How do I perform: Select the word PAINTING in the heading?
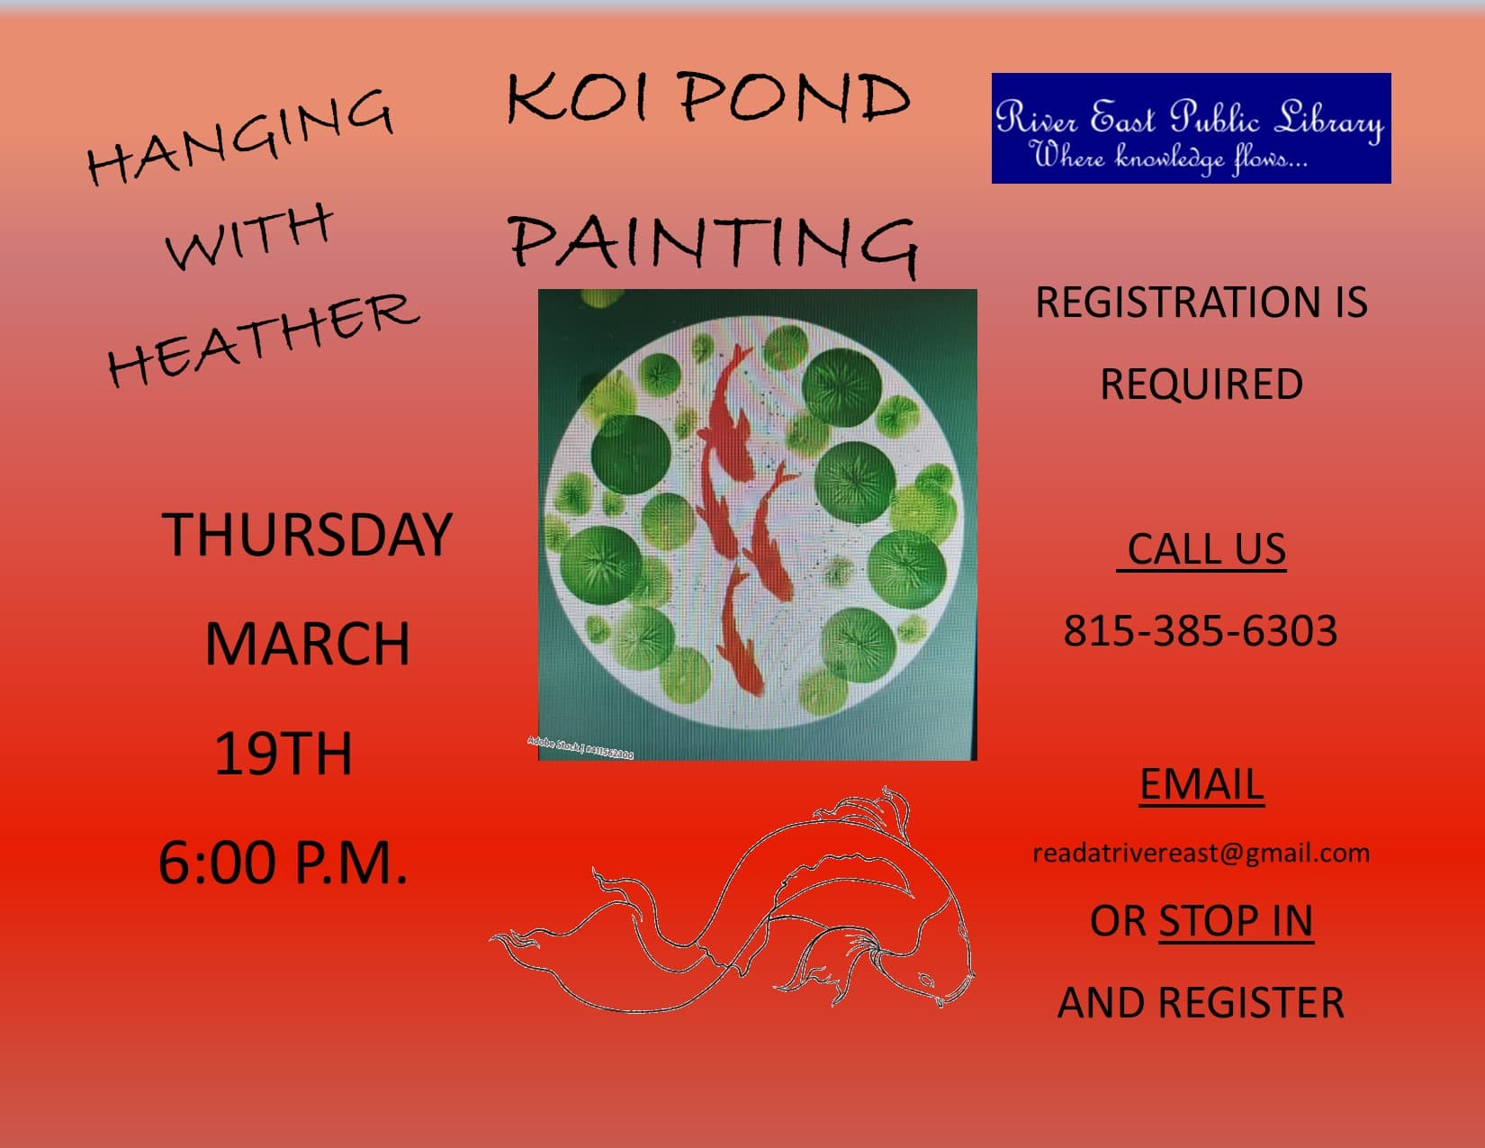(714, 243)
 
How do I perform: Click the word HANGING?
(240, 136)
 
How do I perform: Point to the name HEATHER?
(263, 339)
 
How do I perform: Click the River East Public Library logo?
(1191, 128)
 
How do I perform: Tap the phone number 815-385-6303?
(1200, 630)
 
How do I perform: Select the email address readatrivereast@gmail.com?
(1201, 854)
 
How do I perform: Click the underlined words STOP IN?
(1236, 920)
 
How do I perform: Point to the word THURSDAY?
(307, 534)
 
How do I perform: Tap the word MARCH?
(308, 644)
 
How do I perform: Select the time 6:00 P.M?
(283, 863)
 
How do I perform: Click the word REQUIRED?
(1201, 384)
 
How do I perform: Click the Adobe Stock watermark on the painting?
(580, 747)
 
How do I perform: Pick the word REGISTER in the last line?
(1251, 1002)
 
